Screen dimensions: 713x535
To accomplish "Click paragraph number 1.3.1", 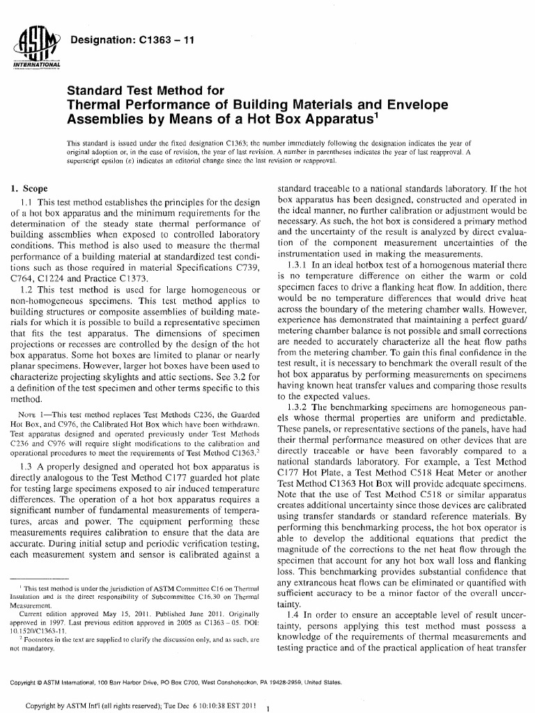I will tap(299, 265).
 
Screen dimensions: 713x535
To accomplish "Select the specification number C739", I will tap(249, 267).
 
